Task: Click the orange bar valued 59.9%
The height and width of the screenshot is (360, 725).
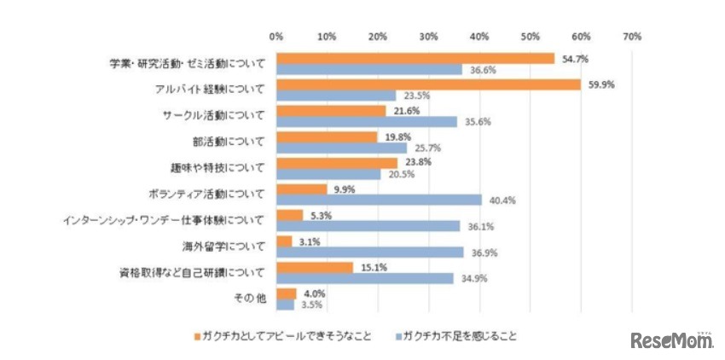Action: coord(427,84)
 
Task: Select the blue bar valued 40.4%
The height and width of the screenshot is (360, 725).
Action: coord(378,200)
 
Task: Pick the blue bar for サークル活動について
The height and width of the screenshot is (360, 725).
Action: coord(366,121)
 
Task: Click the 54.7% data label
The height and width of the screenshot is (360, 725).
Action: coord(571,58)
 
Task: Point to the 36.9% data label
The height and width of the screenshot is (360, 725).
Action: coord(481,253)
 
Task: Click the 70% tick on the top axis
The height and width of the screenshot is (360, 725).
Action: coord(631,37)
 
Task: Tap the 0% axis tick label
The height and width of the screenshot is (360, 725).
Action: coord(275,37)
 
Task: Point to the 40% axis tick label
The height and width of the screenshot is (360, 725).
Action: coord(478,37)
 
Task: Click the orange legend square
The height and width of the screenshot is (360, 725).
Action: coord(198,335)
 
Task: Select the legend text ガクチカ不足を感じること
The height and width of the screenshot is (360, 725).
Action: coord(460,335)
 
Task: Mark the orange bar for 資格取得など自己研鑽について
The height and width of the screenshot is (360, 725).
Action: coord(314,268)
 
